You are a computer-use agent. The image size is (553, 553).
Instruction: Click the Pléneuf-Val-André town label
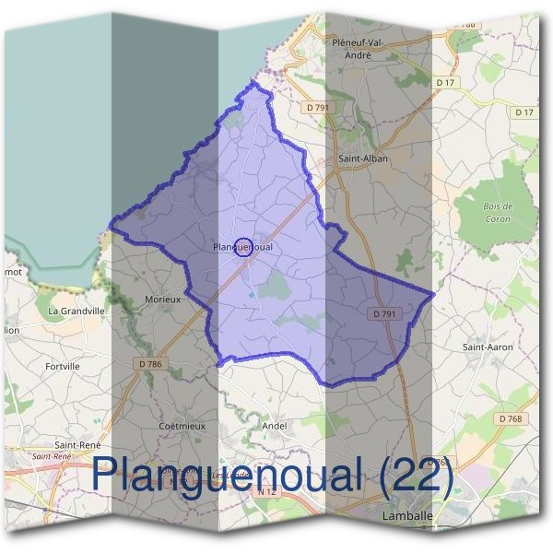[x=363, y=49]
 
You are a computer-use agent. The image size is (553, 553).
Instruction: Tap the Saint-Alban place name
[x=363, y=159]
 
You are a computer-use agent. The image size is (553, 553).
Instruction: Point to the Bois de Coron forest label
[x=498, y=213]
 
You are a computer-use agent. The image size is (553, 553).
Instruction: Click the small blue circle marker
[x=243, y=247]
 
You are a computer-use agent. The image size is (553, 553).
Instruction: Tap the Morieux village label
[x=162, y=300]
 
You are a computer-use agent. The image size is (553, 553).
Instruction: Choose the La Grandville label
[x=76, y=312]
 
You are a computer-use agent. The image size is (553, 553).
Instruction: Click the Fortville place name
[x=63, y=366]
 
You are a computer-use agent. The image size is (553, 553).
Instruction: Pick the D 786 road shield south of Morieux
[x=150, y=364]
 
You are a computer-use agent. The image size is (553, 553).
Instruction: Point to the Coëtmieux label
[x=182, y=426]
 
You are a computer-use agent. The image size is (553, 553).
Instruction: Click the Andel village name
[x=275, y=426]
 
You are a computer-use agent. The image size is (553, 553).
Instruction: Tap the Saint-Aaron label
[x=487, y=347]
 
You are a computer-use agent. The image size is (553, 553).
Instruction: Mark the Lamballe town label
[x=407, y=518]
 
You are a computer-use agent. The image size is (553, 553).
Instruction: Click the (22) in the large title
[x=416, y=477]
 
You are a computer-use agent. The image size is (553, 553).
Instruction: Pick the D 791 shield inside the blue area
[x=387, y=313]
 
